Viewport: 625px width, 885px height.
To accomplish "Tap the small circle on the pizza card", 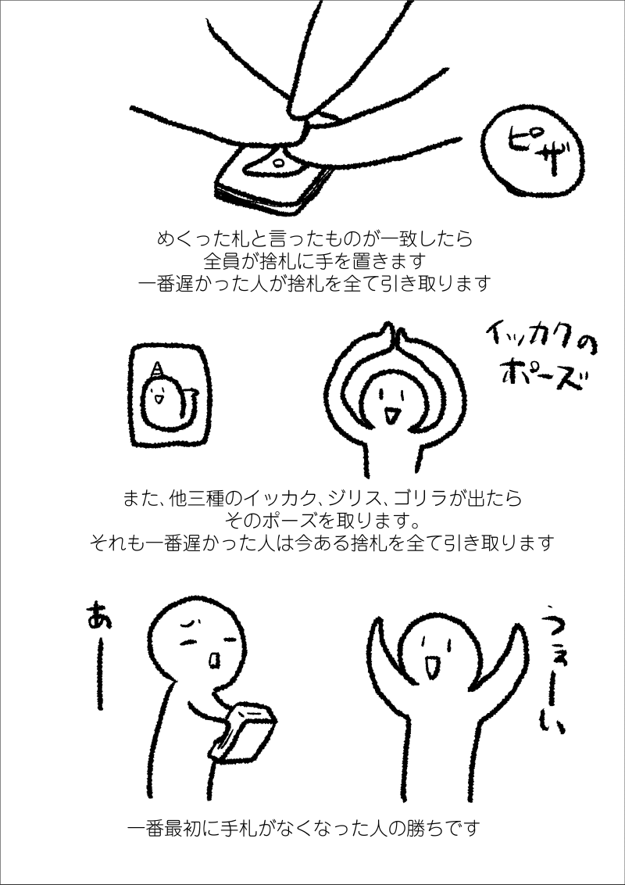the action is click(x=278, y=163).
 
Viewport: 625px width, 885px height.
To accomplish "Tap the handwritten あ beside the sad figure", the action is click(x=98, y=618).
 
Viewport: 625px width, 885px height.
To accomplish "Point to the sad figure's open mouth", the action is click(x=215, y=661).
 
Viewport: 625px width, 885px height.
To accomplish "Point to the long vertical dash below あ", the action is click(x=99, y=671).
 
